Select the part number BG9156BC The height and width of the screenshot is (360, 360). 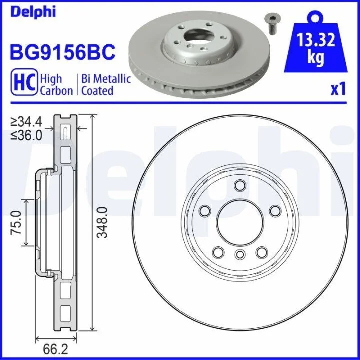pos(62,52)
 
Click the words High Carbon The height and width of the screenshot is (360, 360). pos(56,84)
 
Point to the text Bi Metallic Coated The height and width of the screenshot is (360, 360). pos(106,84)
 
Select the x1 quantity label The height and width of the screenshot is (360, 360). pos(338,89)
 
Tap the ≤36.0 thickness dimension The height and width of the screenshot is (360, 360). pos(26,135)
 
